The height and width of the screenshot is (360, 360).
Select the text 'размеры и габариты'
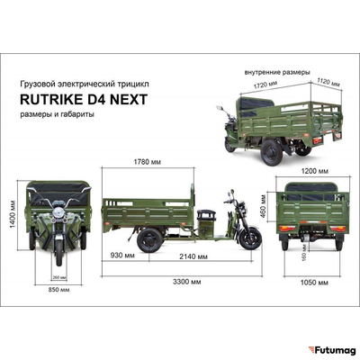57,114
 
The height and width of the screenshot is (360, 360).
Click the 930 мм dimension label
122,256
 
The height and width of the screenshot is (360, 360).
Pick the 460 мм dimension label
265,209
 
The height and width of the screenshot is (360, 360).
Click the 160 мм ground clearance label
305,256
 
